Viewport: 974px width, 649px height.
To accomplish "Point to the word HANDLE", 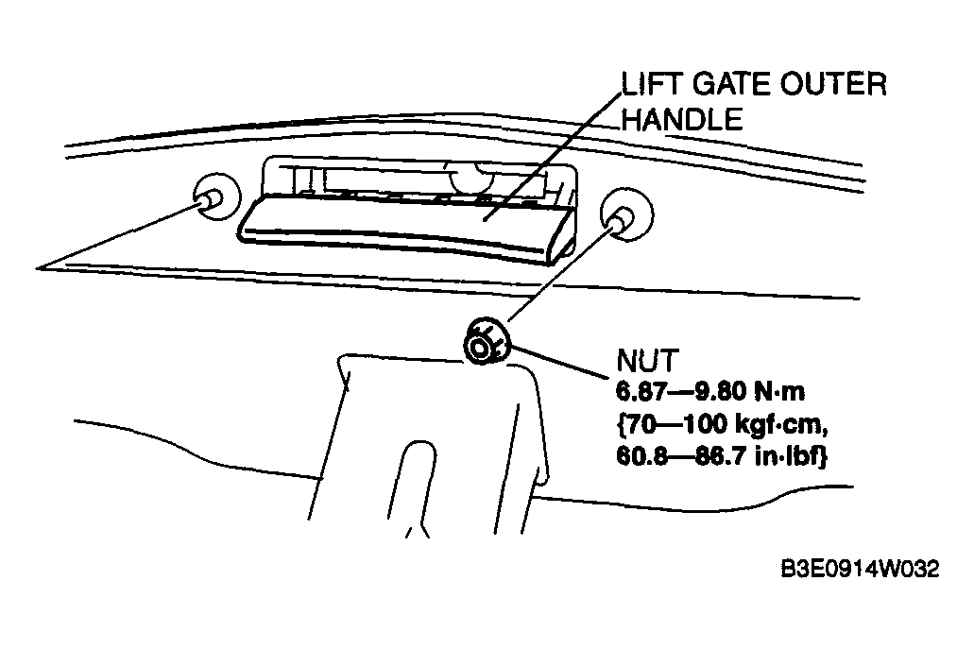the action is pyautogui.click(x=682, y=119).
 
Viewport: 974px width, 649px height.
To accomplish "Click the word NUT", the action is pyautogui.click(x=648, y=360).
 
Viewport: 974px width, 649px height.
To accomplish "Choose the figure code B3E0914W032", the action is pyautogui.click(x=860, y=569).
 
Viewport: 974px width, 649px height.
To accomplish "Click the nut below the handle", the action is pyautogui.click(x=486, y=341).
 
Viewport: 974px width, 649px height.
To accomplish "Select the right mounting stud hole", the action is pyautogui.click(x=626, y=213).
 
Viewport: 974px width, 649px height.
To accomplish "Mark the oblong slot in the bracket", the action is pyautogui.click(x=413, y=487).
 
